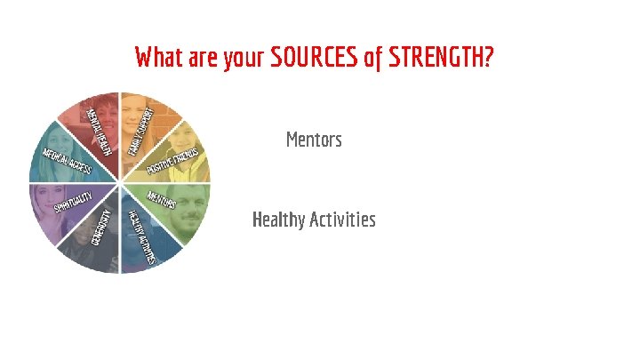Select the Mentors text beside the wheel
pos(314,140)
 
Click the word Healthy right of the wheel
pos(279,220)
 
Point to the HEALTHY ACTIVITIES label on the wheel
pos(141,236)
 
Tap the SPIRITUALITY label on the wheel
pos(73,203)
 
